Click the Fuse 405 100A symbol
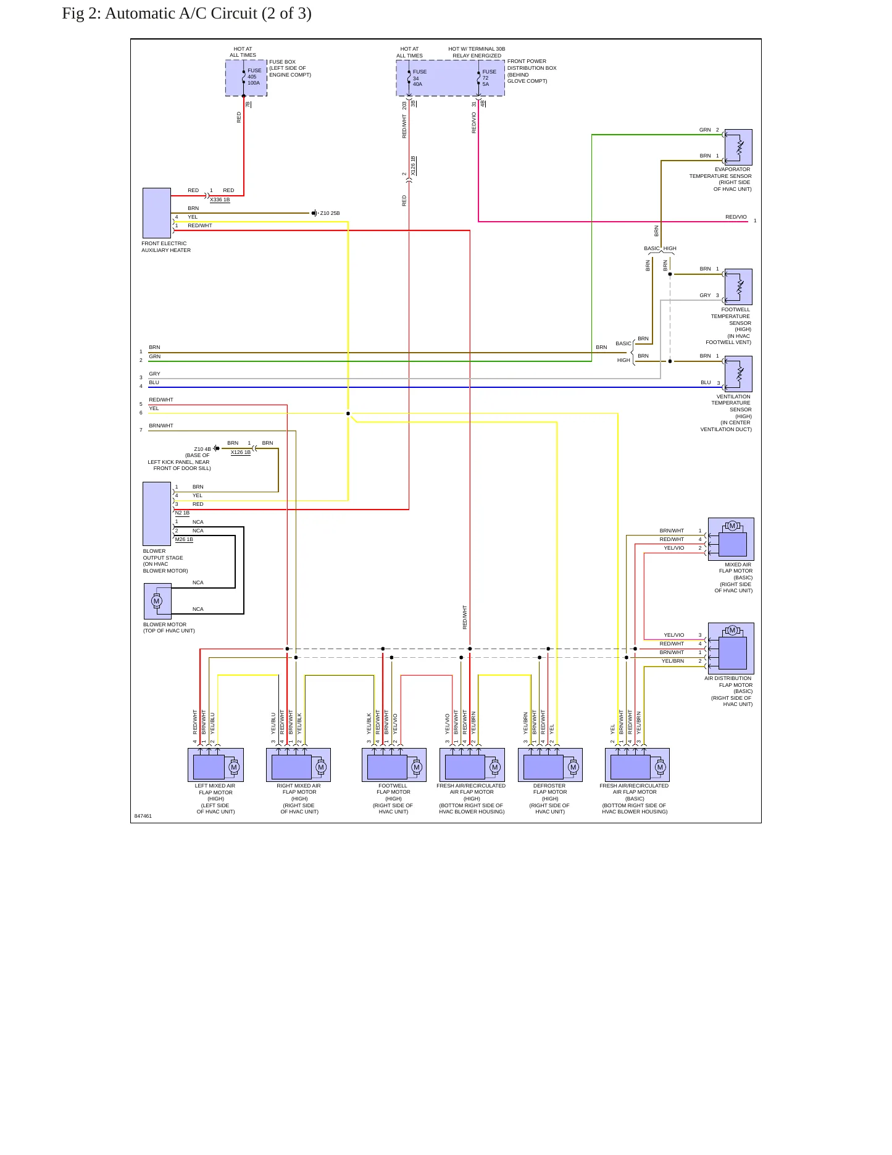tap(244, 77)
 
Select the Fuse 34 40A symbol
tap(409, 77)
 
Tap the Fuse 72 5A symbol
tap(479, 77)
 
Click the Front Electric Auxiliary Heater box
tap(157, 213)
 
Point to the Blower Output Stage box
tap(157, 514)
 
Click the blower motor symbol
tap(157, 601)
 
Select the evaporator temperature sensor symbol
tap(738, 147)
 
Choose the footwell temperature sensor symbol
tap(738, 287)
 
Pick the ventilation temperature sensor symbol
tap(738, 374)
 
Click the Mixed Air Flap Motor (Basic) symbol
tap(731, 539)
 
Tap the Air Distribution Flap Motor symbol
tap(731, 648)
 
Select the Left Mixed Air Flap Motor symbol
tap(215, 765)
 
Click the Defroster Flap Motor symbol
tap(550, 765)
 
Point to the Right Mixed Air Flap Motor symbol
tap(298, 765)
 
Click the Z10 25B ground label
tap(330, 214)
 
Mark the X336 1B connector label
tap(220, 199)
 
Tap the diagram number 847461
tap(143, 816)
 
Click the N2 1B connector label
tap(182, 513)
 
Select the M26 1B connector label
tap(184, 539)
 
